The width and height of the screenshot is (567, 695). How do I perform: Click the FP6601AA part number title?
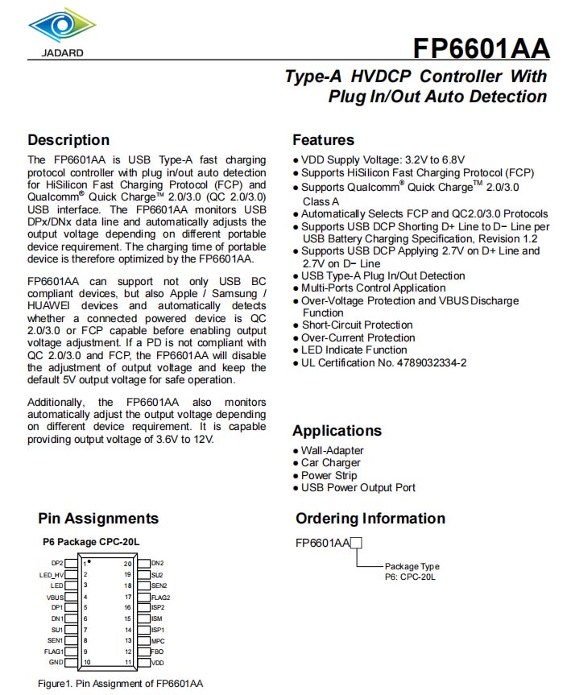pos(481,48)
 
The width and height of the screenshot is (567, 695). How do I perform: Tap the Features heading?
pos(323,140)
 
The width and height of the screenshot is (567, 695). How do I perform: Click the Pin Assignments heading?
pos(98,519)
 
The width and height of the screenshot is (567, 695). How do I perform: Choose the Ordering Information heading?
pos(370,519)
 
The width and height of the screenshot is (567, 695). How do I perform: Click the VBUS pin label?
pos(55,597)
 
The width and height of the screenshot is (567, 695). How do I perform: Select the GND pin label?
pos(56,662)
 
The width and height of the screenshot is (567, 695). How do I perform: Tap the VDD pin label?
pos(157,662)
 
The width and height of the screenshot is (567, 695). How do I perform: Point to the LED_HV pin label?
pos(52,575)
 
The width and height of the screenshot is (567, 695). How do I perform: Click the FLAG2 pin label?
pos(160,597)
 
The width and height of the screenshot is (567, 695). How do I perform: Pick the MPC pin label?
pos(158,640)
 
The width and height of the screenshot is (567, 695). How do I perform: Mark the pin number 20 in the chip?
pos(128,564)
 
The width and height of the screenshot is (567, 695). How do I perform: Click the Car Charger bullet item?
pos(330,463)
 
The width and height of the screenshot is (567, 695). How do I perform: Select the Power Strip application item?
pos(329,475)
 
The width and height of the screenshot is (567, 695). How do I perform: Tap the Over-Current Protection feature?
pos(358,337)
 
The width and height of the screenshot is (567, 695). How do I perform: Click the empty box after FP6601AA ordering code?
pos(357,543)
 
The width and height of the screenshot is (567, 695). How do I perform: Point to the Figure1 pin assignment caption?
pos(121,683)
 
